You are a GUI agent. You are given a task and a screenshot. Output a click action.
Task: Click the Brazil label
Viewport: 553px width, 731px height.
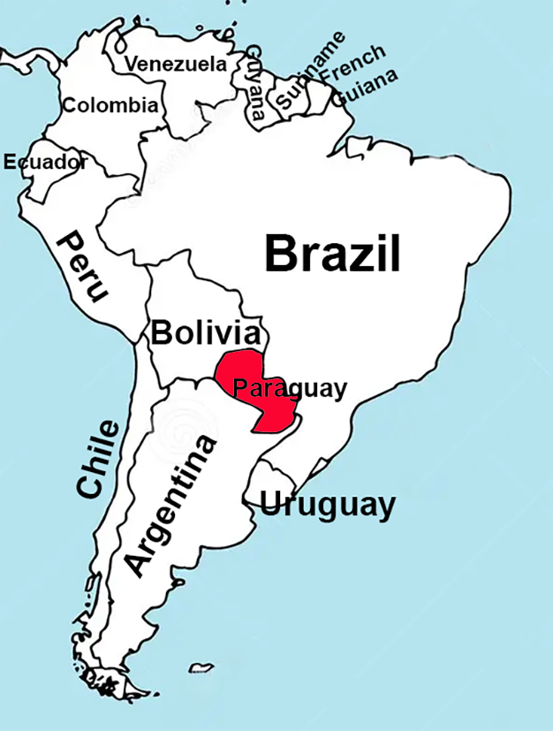tap(332, 254)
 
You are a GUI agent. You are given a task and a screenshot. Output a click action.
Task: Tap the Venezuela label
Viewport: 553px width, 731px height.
tap(175, 64)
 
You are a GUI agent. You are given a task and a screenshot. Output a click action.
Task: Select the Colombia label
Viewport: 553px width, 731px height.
tap(110, 106)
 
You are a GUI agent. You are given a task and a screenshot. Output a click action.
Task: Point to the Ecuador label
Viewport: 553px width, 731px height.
tap(45, 162)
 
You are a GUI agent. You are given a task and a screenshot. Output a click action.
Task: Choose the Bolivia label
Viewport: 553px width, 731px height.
tap(207, 333)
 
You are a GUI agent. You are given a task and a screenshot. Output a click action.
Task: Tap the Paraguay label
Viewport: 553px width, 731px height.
tap(290, 388)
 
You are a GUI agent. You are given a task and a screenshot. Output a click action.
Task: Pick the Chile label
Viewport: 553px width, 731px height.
tap(97, 460)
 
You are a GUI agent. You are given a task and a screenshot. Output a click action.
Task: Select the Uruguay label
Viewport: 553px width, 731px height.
tap(327, 505)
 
